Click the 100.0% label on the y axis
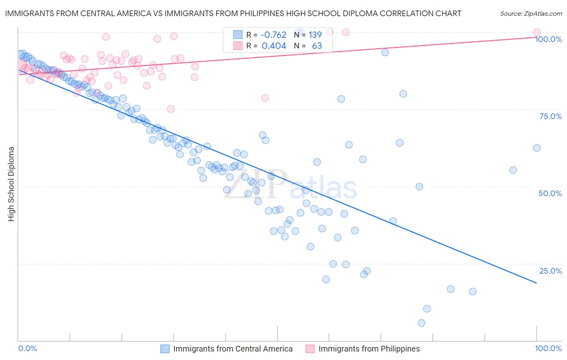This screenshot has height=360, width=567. [548, 39]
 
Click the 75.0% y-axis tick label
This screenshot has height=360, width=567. [550, 116]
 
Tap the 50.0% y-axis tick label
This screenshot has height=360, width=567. [550, 193]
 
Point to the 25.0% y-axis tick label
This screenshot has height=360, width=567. [550, 271]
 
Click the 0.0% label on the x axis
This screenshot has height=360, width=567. [28, 348]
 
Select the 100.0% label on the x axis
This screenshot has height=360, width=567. [548, 348]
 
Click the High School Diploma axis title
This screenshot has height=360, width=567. [11, 184]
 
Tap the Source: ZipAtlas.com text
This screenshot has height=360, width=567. [531, 14]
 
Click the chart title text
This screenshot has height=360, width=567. [233, 14]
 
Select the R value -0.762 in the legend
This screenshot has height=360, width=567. [273, 35]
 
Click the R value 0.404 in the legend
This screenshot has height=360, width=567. [274, 46]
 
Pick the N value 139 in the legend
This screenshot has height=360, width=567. [315, 35]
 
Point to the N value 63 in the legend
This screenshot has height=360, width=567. [317, 46]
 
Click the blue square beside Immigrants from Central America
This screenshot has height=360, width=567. [165, 349]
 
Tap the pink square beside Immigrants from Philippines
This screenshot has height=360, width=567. [310, 349]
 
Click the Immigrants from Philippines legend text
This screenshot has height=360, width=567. [369, 349]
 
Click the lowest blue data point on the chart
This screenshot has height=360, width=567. [421, 323]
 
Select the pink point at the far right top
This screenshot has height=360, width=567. [537, 32]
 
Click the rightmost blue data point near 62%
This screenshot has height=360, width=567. [537, 148]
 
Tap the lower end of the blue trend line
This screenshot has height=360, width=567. [536, 283]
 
